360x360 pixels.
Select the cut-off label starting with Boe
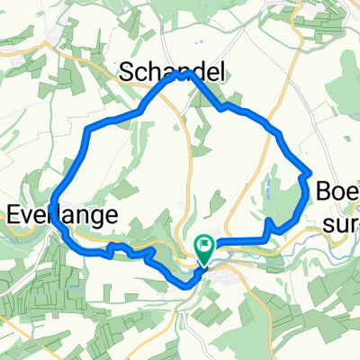point(337,191)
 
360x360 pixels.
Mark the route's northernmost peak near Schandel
point(185,75)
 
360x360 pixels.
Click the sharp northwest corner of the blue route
point(88,131)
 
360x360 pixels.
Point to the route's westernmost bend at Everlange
point(54,199)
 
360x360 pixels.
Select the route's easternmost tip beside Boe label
point(308,173)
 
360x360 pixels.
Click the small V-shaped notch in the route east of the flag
point(271,222)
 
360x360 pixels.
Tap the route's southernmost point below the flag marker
point(189,284)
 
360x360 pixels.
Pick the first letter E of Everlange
point(13,214)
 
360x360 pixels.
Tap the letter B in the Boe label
point(323,191)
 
